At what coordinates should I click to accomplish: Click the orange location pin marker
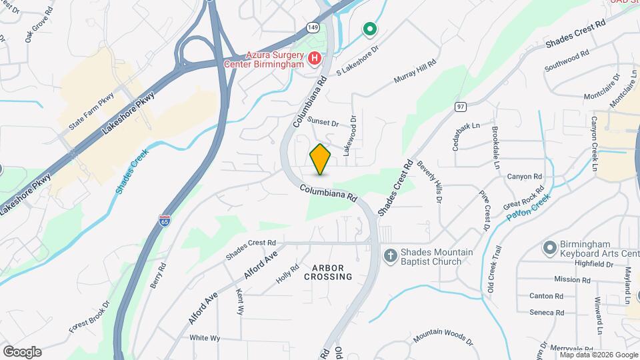[x=321, y=159]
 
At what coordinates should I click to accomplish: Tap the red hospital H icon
[x=314, y=59]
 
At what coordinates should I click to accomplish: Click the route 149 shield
[x=313, y=27]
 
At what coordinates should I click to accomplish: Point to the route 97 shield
[x=461, y=106]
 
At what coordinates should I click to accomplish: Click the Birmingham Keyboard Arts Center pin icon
[x=550, y=248]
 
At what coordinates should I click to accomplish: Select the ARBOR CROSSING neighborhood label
[x=328, y=272]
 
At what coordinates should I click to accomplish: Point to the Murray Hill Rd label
[x=415, y=71]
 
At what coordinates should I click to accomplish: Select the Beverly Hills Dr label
[x=429, y=182]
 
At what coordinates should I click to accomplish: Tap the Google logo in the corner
[x=22, y=351]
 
